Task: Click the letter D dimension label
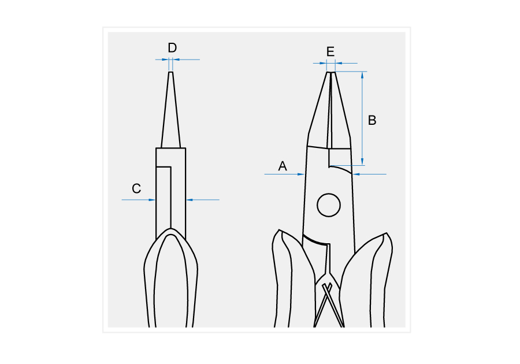pyautogui.click(x=172, y=48)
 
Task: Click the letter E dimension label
pyautogui.click(x=330, y=52)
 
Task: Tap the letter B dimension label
pyautogui.click(x=372, y=120)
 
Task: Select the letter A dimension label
pyautogui.click(x=282, y=166)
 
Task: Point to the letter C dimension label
pyautogui.click(x=136, y=188)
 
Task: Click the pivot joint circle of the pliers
pyautogui.click(x=329, y=205)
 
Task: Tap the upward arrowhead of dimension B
pyautogui.click(x=362, y=75)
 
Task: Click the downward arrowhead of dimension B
pyautogui.click(x=362, y=161)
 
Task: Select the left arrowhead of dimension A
pyautogui.click(x=301, y=174)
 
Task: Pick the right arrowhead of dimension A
pyautogui.click(x=356, y=174)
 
